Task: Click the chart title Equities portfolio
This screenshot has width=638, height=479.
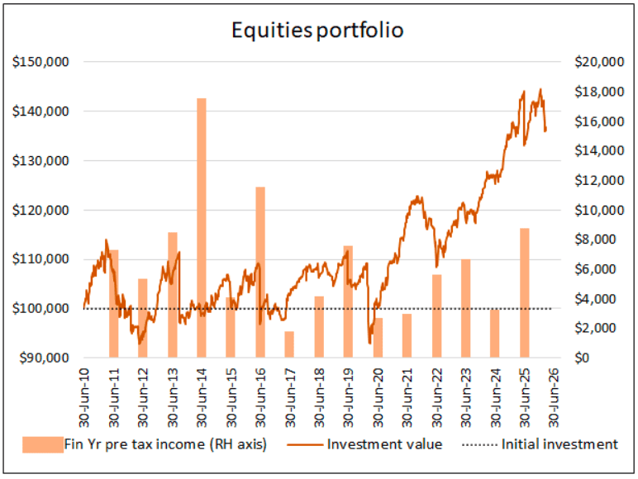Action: click(x=317, y=31)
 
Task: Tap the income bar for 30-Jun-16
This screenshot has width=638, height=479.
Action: click(x=260, y=273)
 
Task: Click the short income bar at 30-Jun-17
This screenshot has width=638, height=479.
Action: click(x=289, y=344)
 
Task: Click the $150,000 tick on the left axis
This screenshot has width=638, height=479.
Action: click(x=40, y=62)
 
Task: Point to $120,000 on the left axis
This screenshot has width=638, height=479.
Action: click(x=40, y=211)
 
